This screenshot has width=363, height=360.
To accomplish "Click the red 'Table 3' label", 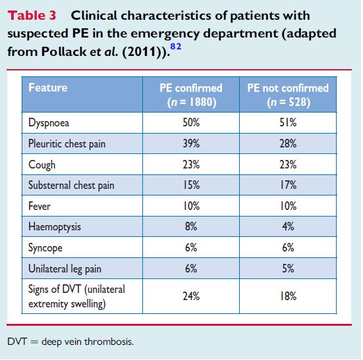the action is coord(32,16).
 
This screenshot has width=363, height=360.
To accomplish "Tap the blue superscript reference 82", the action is coord(176,47).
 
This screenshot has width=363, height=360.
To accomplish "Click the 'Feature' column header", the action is coord(48,88).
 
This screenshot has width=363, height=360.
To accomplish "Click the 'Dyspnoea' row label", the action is coord(49,122).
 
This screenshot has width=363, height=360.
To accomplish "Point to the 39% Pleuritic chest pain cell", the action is coord(191,143).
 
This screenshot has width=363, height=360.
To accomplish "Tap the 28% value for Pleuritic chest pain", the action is coord(288,143).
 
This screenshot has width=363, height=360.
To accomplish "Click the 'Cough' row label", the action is coord(42,165).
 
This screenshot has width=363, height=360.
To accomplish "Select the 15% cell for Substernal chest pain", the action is coord(191,185).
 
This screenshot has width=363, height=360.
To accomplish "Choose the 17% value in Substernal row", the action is coord(288,185).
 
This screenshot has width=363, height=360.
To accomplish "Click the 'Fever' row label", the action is coord(40,206).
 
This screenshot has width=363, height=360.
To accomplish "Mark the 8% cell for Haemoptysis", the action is coord(191,226).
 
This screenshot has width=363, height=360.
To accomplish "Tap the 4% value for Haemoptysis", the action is coord(288,226).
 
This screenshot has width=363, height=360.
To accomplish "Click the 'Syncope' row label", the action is coord(45,248).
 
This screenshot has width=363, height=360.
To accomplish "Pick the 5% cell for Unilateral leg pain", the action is coord(288,269).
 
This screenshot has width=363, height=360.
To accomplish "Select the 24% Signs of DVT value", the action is coord(191,296).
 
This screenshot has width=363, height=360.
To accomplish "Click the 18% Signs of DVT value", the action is coord(288,296).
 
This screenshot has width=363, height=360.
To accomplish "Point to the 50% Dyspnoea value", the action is coord(191,122).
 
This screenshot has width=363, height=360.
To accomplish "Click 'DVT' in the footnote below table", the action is coord(17,342).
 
